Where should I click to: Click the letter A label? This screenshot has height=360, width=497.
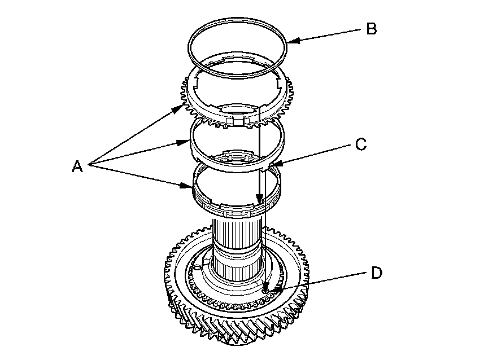click(78, 166)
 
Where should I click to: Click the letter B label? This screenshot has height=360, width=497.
click(371, 28)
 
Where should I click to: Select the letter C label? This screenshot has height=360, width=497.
click(361, 144)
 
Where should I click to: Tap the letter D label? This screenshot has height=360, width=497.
click(377, 273)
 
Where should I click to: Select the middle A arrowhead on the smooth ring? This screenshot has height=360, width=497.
click(190, 142)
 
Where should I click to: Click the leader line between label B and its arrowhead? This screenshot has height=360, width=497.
click(328, 34)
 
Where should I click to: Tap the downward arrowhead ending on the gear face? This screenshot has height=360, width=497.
click(265, 290)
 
